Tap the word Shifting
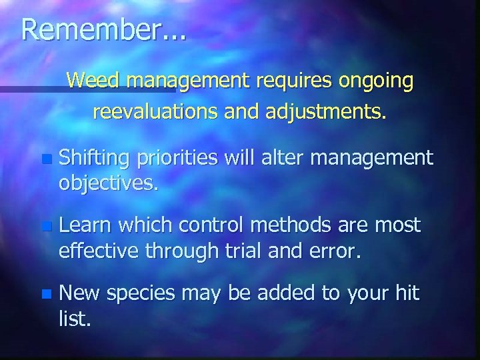pos(93,159)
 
